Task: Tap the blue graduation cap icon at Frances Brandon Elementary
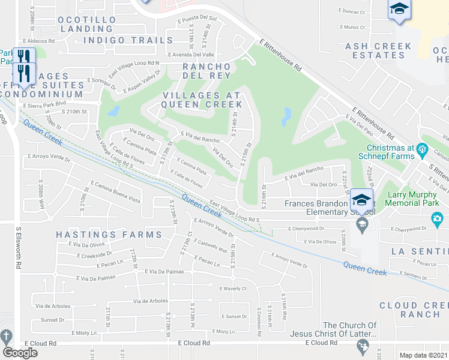361,199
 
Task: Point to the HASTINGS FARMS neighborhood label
109,234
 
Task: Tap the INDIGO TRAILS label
128,40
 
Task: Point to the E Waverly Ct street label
234,289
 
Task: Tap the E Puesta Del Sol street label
197,19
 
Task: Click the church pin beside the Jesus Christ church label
362,346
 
